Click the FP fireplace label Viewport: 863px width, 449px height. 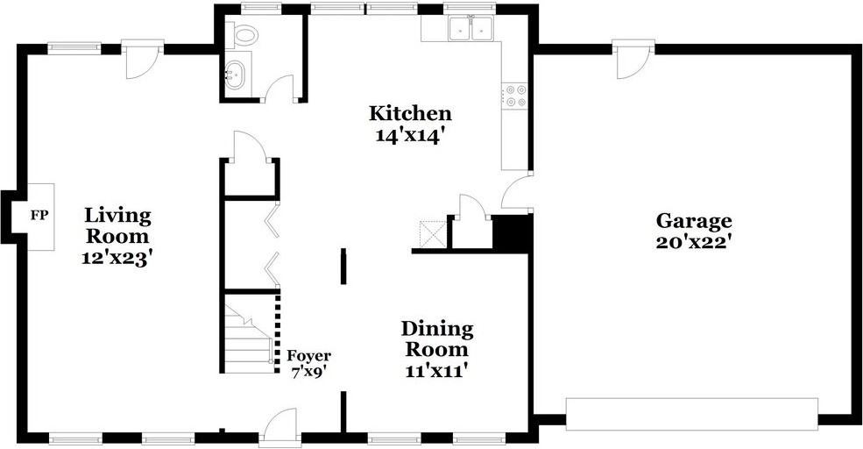[x=39, y=216]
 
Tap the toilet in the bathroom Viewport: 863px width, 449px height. [x=242, y=35]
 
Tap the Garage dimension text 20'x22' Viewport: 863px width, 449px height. [x=694, y=242]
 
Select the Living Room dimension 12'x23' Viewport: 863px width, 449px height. [x=117, y=259]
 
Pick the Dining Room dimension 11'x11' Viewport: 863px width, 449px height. [x=437, y=371]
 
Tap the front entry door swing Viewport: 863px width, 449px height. [x=279, y=424]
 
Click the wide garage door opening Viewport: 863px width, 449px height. [x=692, y=414]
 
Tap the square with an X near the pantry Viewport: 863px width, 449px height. [x=433, y=234]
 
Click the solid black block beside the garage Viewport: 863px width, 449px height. [x=512, y=232]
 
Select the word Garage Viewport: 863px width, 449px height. [x=694, y=222]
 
